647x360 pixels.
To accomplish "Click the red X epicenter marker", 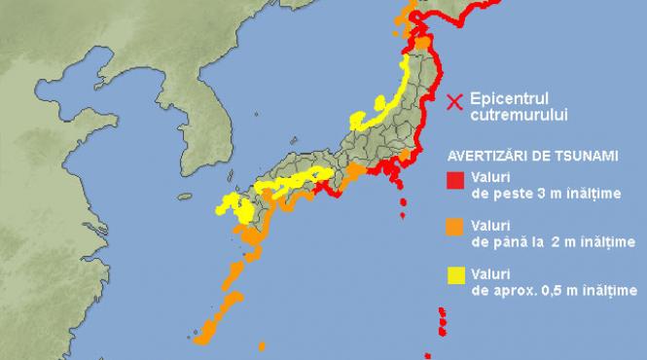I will pyautogui.click(x=453, y=100).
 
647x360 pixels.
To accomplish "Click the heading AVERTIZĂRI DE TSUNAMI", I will pyautogui.click(x=533, y=155).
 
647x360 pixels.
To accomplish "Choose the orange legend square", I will pyautogui.click(x=454, y=227).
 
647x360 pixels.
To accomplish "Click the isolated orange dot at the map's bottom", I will pyautogui.click(x=261, y=345).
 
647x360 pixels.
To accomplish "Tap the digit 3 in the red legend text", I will pyautogui.click(x=532, y=194).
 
